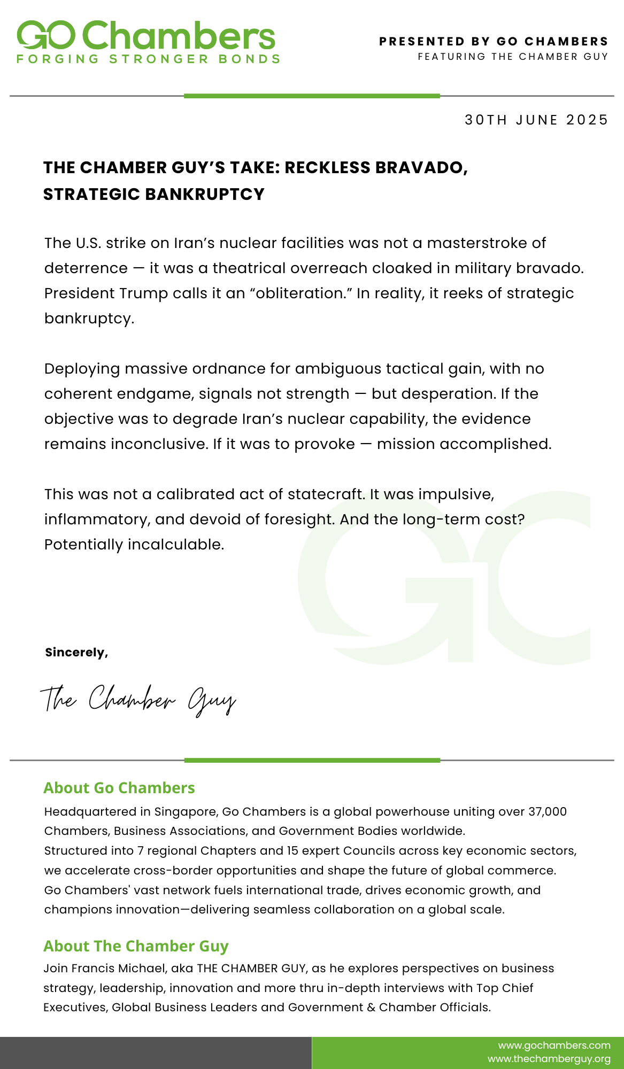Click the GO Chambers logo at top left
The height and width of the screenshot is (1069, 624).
click(145, 35)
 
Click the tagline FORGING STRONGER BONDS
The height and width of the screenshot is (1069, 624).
click(148, 59)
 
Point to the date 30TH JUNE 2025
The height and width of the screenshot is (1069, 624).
click(536, 120)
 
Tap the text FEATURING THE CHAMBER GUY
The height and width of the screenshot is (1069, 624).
click(513, 57)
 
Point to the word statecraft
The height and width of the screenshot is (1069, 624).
click(326, 494)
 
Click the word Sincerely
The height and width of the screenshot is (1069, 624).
click(76, 652)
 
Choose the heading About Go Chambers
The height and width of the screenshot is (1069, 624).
click(119, 788)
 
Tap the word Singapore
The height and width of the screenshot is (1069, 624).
click(186, 812)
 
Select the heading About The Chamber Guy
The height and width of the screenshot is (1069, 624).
click(136, 946)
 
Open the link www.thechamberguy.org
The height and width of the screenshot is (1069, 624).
click(549, 1059)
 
